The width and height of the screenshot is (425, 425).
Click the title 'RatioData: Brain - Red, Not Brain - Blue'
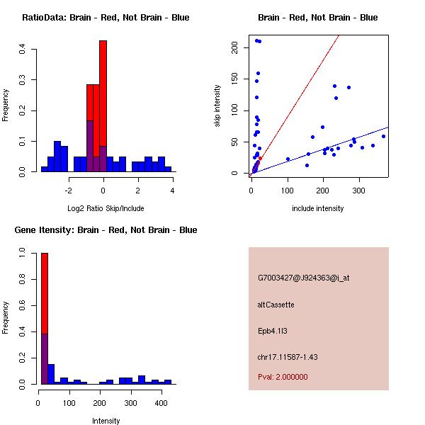tap(106, 17)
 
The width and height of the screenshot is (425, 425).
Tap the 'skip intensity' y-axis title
tap(217, 106)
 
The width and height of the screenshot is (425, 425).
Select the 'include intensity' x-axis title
tap(317, 208)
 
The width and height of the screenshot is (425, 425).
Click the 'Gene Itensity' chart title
tap(106, 229)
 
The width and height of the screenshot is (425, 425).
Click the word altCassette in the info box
tap(276, 305)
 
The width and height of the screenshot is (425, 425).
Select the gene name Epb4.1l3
tap(274, 331)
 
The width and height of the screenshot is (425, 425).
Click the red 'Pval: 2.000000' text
tap(283, 377)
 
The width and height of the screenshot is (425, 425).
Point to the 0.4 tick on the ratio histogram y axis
tap(23, 50)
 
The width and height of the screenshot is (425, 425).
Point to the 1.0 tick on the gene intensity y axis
tap(23, 252)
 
